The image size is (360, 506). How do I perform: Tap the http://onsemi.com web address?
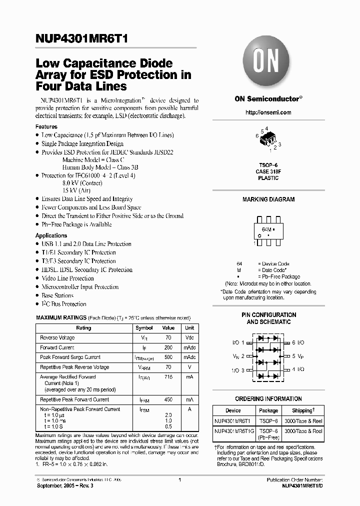click(268, 112)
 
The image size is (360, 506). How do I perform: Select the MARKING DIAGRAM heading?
click(268, 199)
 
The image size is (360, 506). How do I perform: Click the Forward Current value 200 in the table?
click(168, 347)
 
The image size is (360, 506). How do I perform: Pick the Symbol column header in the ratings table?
click(144, 328)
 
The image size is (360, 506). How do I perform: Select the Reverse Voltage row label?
click(57, 338)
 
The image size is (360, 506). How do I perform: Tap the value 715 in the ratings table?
click(168, 377)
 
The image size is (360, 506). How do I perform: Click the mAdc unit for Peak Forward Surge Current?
click(189, 357)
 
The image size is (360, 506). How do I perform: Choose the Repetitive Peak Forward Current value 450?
click(168, 399)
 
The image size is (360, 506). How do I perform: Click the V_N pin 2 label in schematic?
click(238, 356)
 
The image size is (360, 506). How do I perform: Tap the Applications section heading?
click(51, 235)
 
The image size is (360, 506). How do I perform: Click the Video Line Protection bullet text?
click(67, 278)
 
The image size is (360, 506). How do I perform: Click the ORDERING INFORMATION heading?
click(268, 399)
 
